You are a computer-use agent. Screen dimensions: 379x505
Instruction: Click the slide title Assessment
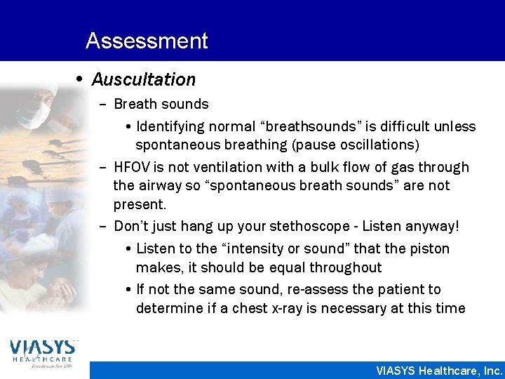(147, 41)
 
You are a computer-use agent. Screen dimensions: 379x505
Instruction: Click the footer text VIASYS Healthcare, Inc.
(439, 370)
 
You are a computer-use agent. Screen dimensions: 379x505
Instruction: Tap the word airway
(159, 186)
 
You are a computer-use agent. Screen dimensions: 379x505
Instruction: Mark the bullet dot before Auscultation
(81, 79)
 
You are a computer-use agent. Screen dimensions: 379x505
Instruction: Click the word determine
(167, 308)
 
